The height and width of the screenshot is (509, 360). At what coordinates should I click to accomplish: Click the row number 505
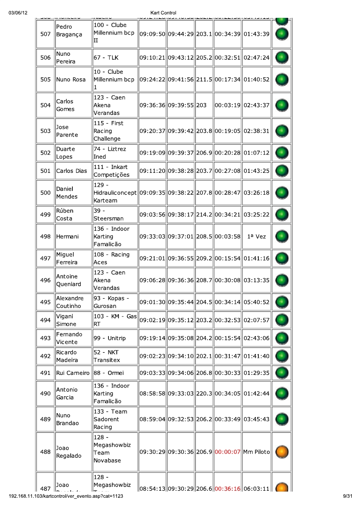(x=45, y=80)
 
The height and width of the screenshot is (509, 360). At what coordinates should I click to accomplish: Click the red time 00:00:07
(x=228, y=452)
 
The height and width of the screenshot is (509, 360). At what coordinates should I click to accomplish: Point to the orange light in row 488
(x=282, y=452)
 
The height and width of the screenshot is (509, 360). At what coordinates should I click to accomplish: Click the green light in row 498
(x=282, y=237)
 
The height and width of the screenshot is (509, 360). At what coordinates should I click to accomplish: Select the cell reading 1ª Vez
(x=256, y=237)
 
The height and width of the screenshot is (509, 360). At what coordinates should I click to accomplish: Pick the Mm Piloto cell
(x=256, y=452)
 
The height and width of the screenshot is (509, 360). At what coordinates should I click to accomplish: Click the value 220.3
(x=204, y=394)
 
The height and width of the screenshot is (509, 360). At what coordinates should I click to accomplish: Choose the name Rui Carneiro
(x=73, y=373)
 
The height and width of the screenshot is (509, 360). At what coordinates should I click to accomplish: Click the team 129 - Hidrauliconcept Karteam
(x=115, y=192)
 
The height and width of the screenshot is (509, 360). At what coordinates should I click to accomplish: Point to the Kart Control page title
(x=163, y=13)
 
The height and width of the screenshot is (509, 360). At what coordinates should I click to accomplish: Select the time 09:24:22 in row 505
(x=152, y=80)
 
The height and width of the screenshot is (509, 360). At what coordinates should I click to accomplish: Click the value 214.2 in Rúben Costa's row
(x=204, y=215)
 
